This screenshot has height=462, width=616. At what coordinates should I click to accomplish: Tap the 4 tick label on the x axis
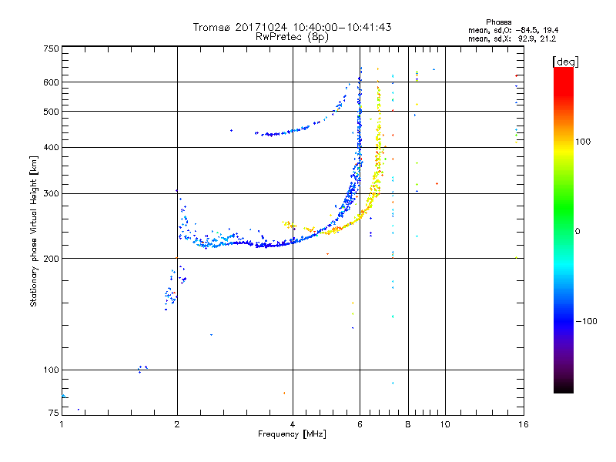tap(293, 424)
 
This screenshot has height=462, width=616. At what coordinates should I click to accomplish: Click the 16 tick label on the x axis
tap(523, 424)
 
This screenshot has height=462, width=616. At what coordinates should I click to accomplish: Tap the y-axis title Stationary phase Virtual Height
tap(34, 231)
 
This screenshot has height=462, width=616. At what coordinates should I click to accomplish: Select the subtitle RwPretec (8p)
tap(292, 36)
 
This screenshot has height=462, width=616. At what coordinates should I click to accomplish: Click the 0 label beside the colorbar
tap(578, 231)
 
